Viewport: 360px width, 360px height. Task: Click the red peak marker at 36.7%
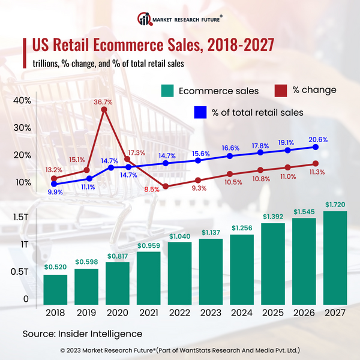tap(104, 110)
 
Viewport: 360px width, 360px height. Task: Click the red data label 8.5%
tap(152, 189)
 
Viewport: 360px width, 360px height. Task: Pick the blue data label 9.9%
tap(55, 192)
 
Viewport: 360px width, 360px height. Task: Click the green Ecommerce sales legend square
tap(167, 91)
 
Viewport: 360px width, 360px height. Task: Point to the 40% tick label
tap(21, 100)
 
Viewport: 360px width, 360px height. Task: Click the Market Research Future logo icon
tap(143, 18)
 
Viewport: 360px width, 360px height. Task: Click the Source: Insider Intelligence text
tap(82, 333)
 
